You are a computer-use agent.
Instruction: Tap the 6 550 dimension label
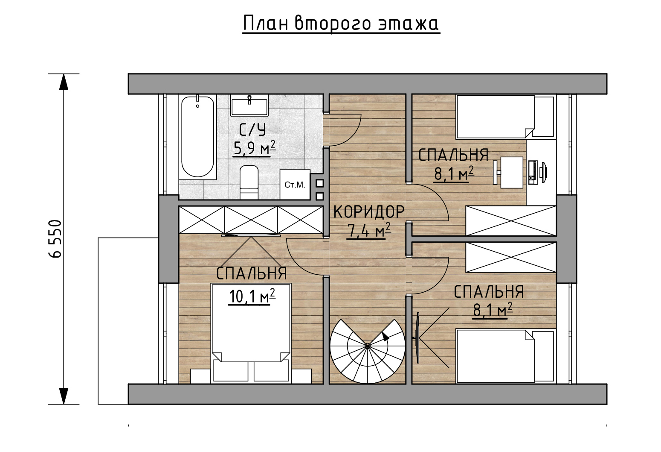coord(55,239)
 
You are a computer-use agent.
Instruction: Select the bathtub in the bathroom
coord(197,137)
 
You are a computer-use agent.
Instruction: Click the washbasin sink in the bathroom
coord(249,106)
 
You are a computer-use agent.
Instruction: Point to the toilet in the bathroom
coord(249,182)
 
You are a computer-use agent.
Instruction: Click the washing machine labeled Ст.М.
coord(295,185)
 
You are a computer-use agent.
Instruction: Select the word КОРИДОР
coord(369,211)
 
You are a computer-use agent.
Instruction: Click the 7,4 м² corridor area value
coord(369,230)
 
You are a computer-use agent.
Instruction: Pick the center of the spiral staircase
coord(367,345)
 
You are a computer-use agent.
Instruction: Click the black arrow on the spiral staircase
coord(385,336)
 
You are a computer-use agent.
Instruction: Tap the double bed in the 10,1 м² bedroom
coord(251,332)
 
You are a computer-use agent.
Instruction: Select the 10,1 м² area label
coord(252,296)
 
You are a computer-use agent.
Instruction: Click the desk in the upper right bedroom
coord(511,172)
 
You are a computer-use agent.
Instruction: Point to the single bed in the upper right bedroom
coord(504,117)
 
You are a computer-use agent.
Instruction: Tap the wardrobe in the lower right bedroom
coord(511,257)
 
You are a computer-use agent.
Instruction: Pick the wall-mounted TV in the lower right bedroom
coord(418,338)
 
